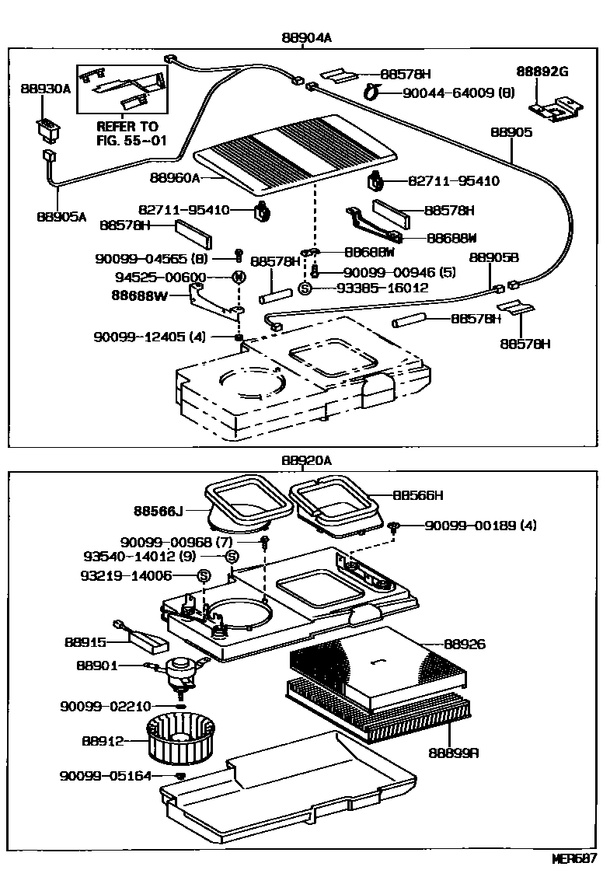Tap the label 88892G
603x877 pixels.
click(543, 72)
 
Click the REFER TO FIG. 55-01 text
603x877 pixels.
click(127, 133)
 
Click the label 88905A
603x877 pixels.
click(61, 217)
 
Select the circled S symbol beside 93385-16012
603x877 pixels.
click(305, 288)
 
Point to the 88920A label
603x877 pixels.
click(306, 460)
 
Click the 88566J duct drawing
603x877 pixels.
click(239, 508)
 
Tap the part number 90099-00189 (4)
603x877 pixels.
click(480, 526)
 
